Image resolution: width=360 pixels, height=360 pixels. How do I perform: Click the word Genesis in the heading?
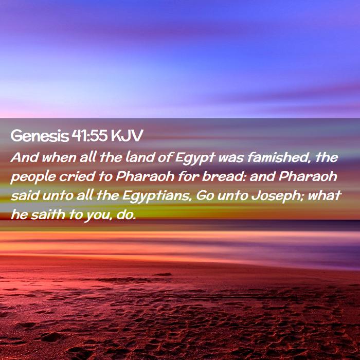pyautogui.click(x=40, y=136)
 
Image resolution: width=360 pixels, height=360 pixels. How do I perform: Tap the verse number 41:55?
pyautogui.click(x=89, y=135)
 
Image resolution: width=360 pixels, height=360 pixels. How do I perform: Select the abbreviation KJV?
pyautogui.click(x=127, y=135)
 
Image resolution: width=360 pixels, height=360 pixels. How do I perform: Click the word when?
pyautogui.click(x=59, y=158)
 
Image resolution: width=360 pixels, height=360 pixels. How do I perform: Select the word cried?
pyautogui.click(x=77, y=176)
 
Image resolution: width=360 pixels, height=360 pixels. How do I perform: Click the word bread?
pyautogui.click(x=224, y=176)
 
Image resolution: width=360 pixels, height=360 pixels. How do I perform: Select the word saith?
pyautogui.click(x=48, y=214)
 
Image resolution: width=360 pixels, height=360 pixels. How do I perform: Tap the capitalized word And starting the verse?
pyautogui.click(x=25, y=157)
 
